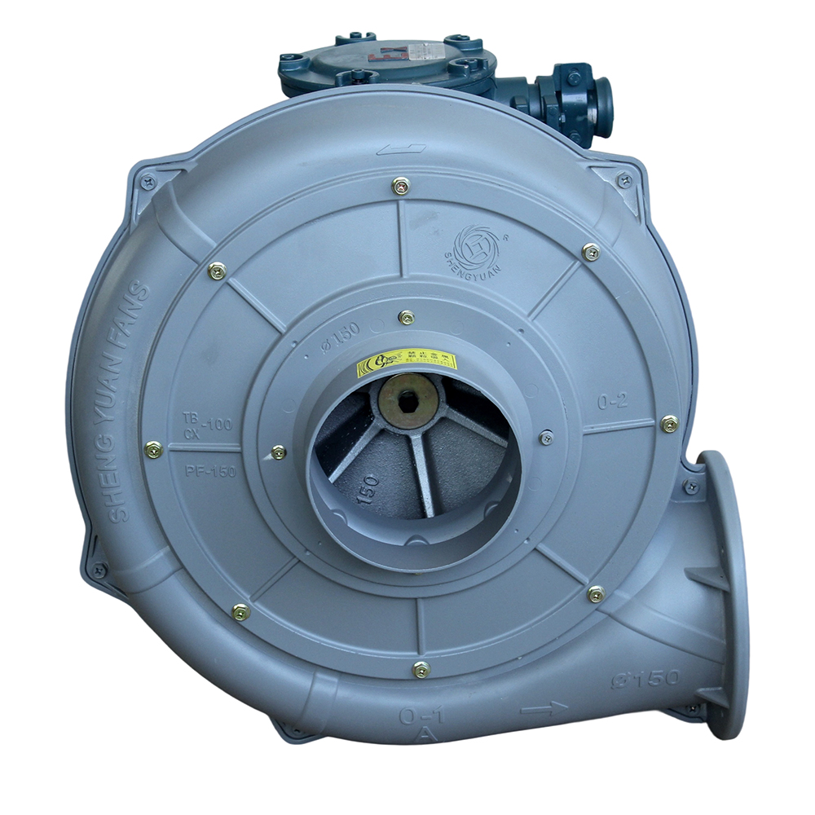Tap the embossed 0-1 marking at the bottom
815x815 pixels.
pyautogui.click(x=421, y=716)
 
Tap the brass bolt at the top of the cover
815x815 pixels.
pyautogui.click(x=399, y=187)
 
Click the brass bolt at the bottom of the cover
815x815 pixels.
pyautogui.click(x=421, y=670)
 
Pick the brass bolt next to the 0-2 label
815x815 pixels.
pyautogui.click(x=669, y=424)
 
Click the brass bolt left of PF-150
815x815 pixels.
pyautogui.click(x=152, y=448)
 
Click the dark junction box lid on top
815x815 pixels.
pyautogui.click(x=387, y=59)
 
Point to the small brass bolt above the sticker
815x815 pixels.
pyautogui.click(x=407, y=317)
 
